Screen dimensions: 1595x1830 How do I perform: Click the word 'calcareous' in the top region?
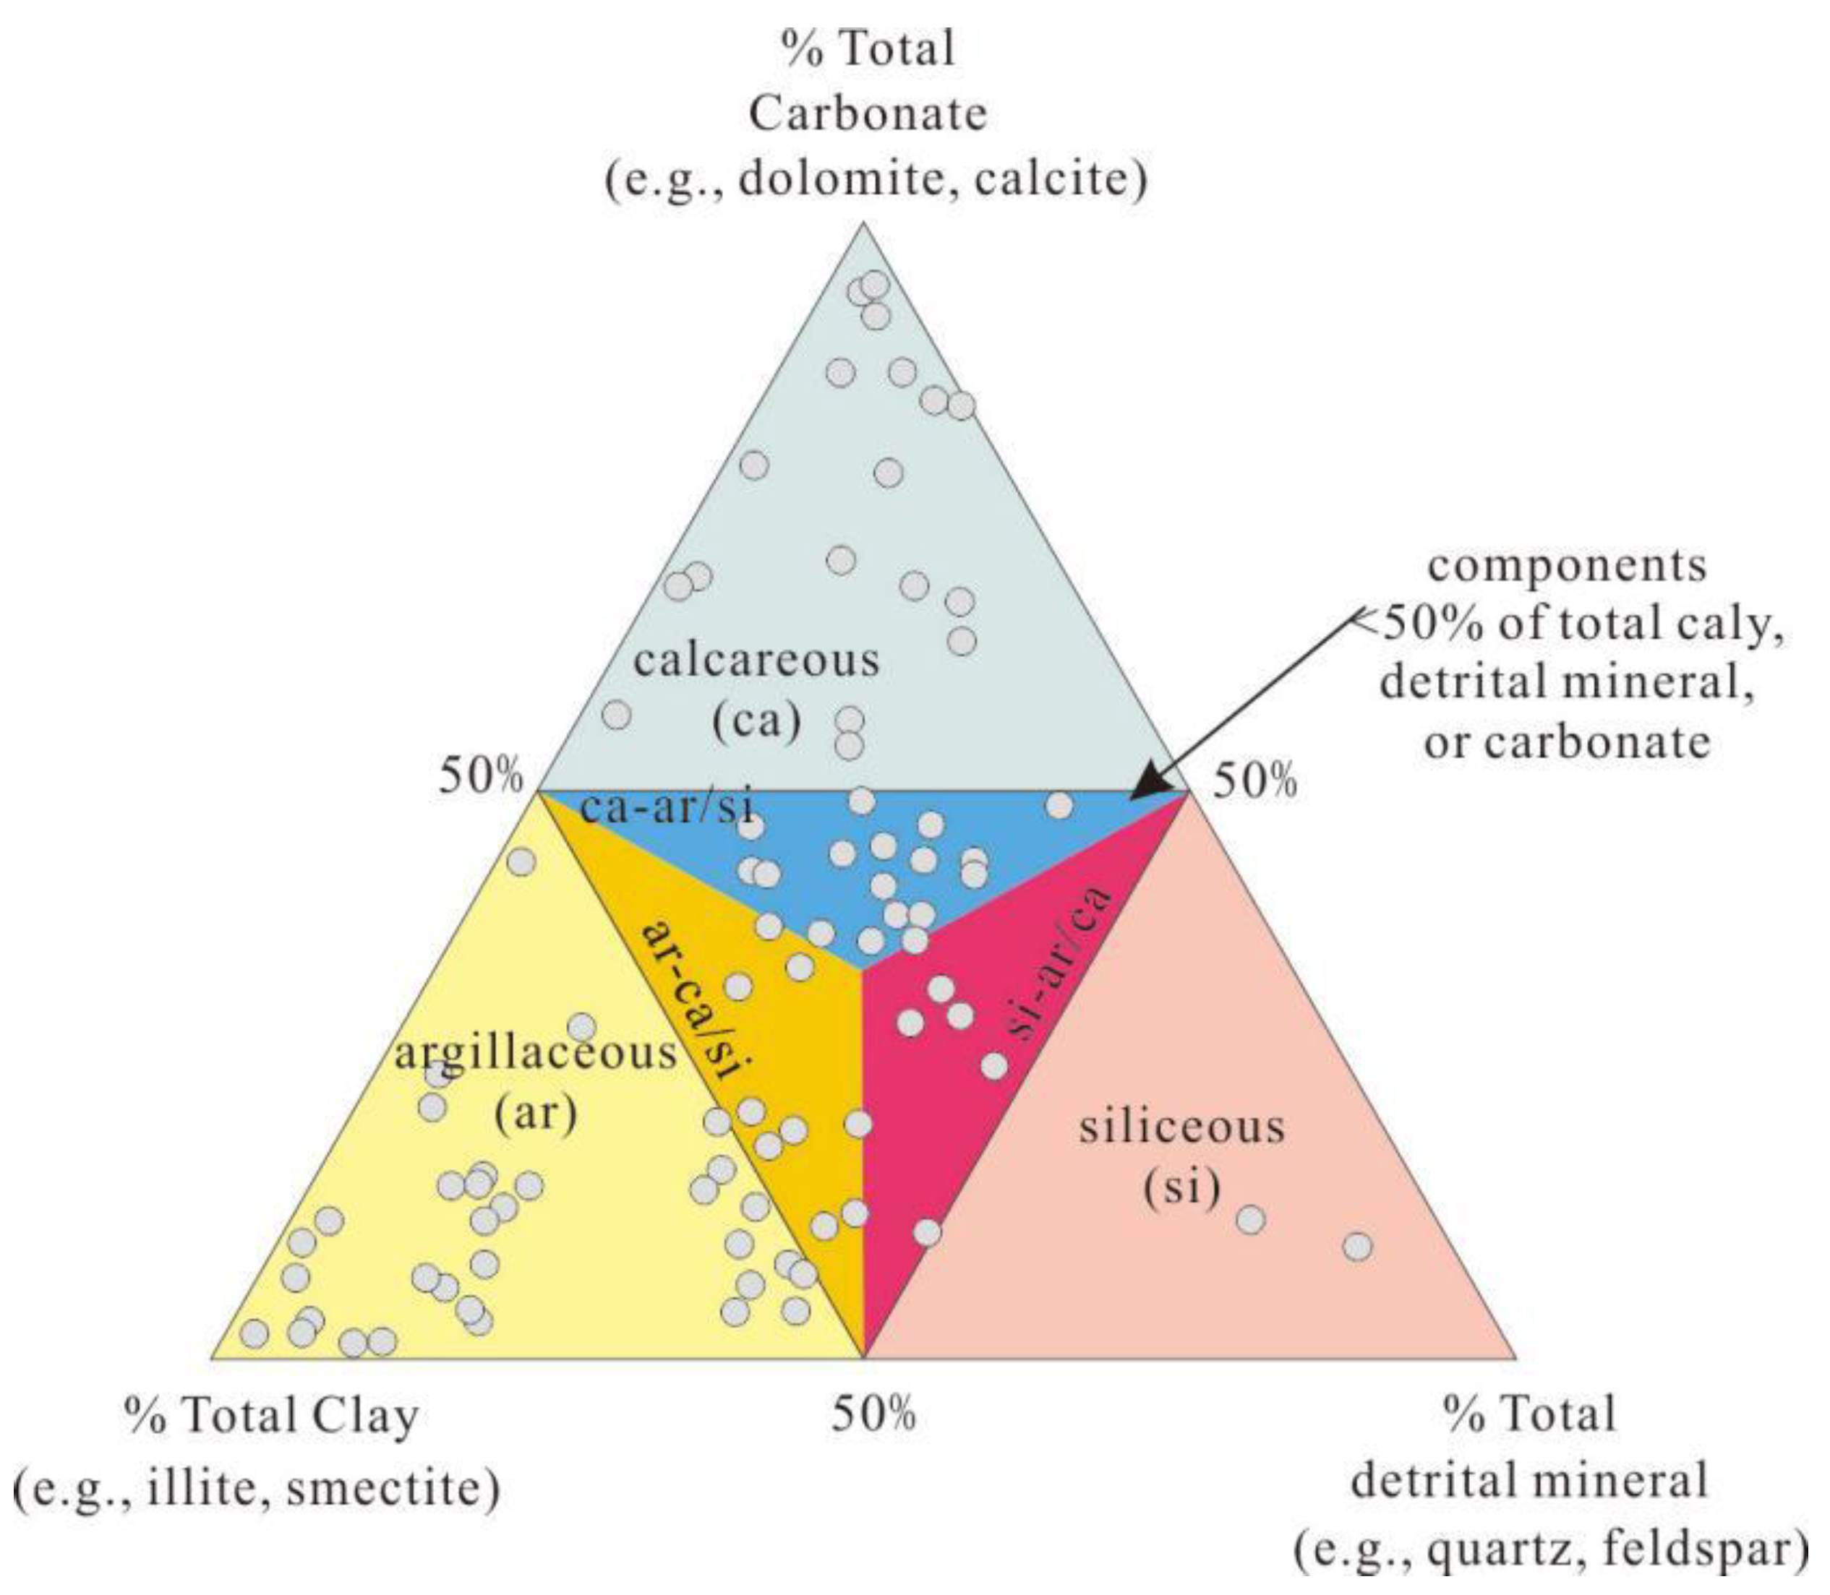(756, 661)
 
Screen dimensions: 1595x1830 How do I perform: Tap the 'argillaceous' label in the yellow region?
(535, 1053)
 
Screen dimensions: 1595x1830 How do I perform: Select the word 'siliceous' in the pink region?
(1181, 1127)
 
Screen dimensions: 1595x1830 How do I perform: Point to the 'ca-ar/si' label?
(666, 807)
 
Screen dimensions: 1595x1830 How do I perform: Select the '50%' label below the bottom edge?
(873, 1414)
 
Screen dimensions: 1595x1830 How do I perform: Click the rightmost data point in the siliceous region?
(1357, 1247)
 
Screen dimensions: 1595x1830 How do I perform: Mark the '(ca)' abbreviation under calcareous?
(757, 719)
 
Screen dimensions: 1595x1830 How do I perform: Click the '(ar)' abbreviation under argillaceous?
(535, 1112)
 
